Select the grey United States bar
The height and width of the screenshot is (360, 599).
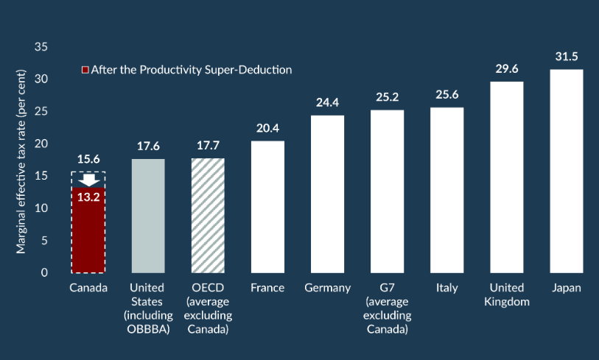tap(148, 216)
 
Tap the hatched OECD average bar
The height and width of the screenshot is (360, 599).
tap(208, 216)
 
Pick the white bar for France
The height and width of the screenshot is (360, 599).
tap(267, 207)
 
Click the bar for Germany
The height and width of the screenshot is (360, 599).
tap(327, 194)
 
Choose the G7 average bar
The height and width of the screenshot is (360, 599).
tap(387, 191)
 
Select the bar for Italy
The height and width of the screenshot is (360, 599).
tap(447, 190)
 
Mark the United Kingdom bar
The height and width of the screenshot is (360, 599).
tap(507, 177)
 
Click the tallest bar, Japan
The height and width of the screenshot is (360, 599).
tap(567, 171)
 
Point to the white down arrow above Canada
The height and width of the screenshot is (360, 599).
tap(88, 180)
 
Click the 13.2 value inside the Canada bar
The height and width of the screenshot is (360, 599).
tap(88, 196)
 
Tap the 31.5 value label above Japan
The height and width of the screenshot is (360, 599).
tap(567, 57)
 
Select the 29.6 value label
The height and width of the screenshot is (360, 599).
tap(507, 69)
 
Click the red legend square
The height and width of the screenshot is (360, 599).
tap(85, 70)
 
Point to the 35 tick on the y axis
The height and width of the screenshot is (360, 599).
tap(41, 47)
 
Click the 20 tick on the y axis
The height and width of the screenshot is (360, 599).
tap(41, 144)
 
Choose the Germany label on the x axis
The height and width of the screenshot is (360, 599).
tap(327, 288)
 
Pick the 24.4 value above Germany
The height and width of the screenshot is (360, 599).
tap(327, 103)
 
